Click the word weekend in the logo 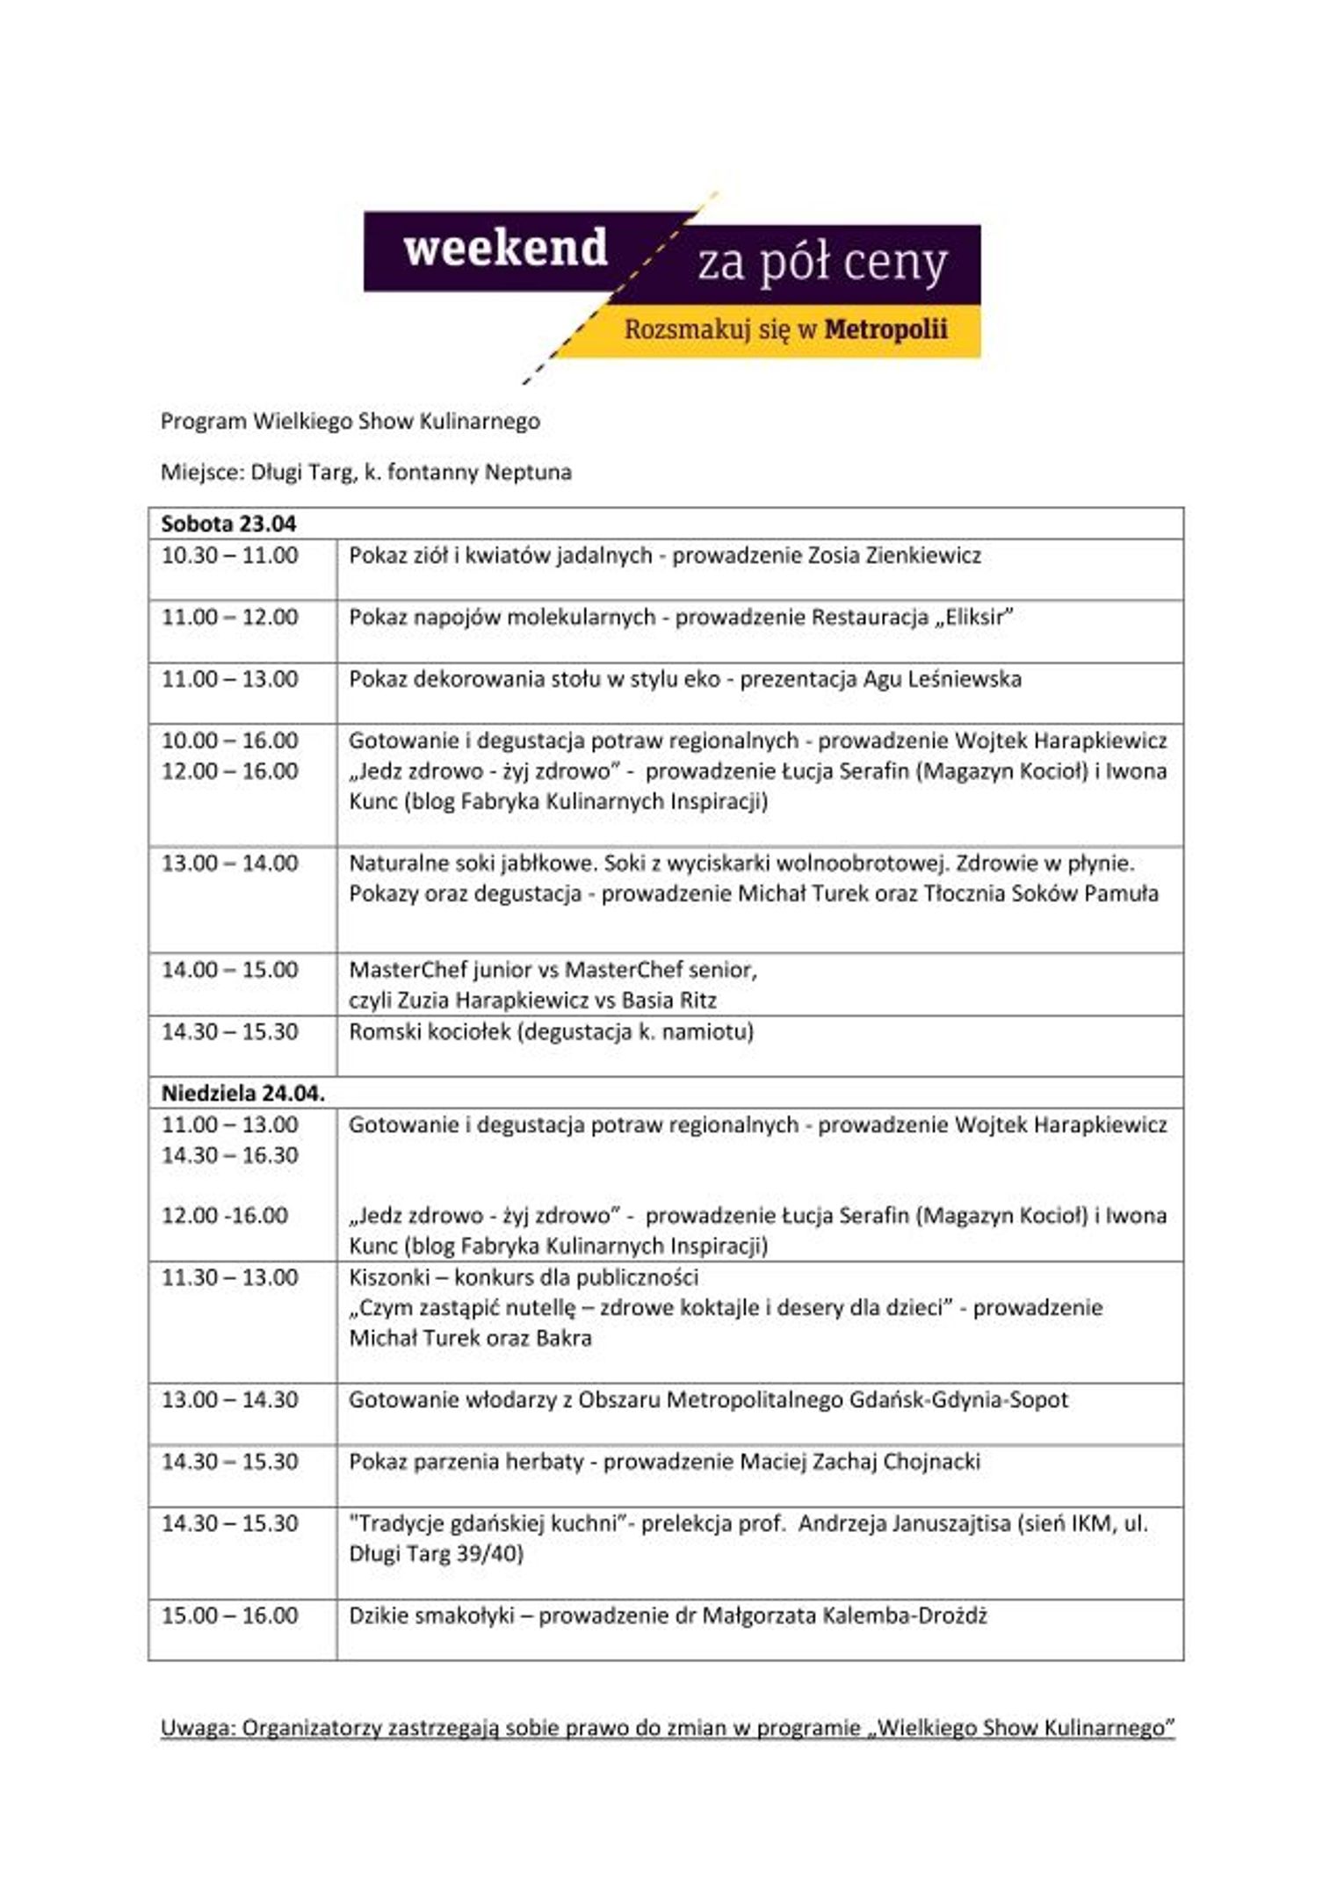[505, 249]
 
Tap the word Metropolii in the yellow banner [885, 330]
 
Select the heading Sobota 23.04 [228, 524]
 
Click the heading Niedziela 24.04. [242, 1094]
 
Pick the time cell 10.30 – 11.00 [229, 556]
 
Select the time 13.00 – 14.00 [229, 864]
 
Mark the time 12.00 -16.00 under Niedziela [224, 1216]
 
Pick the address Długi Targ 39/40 [436, 1554]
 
